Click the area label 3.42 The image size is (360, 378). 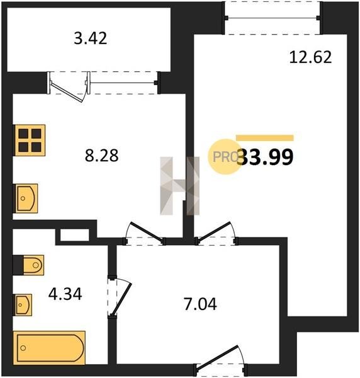tap(90, 38)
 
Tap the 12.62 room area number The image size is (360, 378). tap(310, 57)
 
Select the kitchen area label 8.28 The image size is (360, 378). tap(101, 156)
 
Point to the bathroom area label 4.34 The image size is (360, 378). tap(65, 294)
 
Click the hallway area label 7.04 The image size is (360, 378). tap(200, 304)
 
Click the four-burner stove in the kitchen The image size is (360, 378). tap(30, 140)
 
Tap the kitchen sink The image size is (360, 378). tap(26, 198)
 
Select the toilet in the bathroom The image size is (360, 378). tap(33, 265)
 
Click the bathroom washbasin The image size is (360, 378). tap(23, 305)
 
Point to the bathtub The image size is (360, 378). tap(49, 348)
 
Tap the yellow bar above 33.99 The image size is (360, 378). tap(264, 138)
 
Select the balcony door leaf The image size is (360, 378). tap(67, 92)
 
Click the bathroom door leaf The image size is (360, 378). tap(121, 299)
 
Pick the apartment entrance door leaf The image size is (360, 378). tap(218, 357)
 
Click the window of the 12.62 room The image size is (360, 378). tap(273, 18)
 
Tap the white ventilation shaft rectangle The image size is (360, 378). tap(75, 234)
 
